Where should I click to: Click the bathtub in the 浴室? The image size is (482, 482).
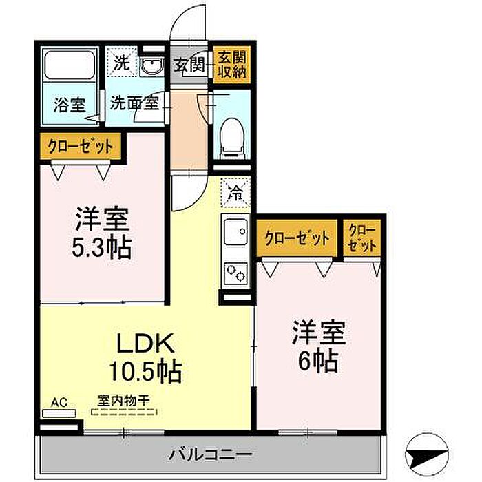click(x=70, y=65)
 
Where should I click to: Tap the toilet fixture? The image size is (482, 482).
click(x=233, y=138)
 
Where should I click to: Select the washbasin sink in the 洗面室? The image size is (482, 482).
click(x=151, y=67)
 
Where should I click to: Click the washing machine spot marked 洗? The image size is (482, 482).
click(x=122, y=63)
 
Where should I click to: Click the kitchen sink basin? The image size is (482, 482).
click(x=235, y=231)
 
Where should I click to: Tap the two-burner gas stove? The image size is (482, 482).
click(x=235, y=273)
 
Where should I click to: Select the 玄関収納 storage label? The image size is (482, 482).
click(x=232, y=65)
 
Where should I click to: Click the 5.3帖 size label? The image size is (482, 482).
click(x=102, y=247)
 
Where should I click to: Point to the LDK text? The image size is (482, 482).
click(x=145, y=344)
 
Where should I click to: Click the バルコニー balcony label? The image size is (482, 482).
click(x=211, y=454)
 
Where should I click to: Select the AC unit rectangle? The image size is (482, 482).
click(x=59, y=413)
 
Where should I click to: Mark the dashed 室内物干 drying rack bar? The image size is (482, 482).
click(x=124, y=412)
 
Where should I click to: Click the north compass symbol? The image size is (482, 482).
click(x=427, y=454)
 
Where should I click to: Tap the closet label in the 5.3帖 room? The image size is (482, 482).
click(x=81, y=146)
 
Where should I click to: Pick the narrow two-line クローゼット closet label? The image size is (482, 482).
click(x=362, y=238)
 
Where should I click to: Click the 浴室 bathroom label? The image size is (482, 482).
click(x=70, y=105)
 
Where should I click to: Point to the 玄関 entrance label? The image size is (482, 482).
click(x=189, y=65)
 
